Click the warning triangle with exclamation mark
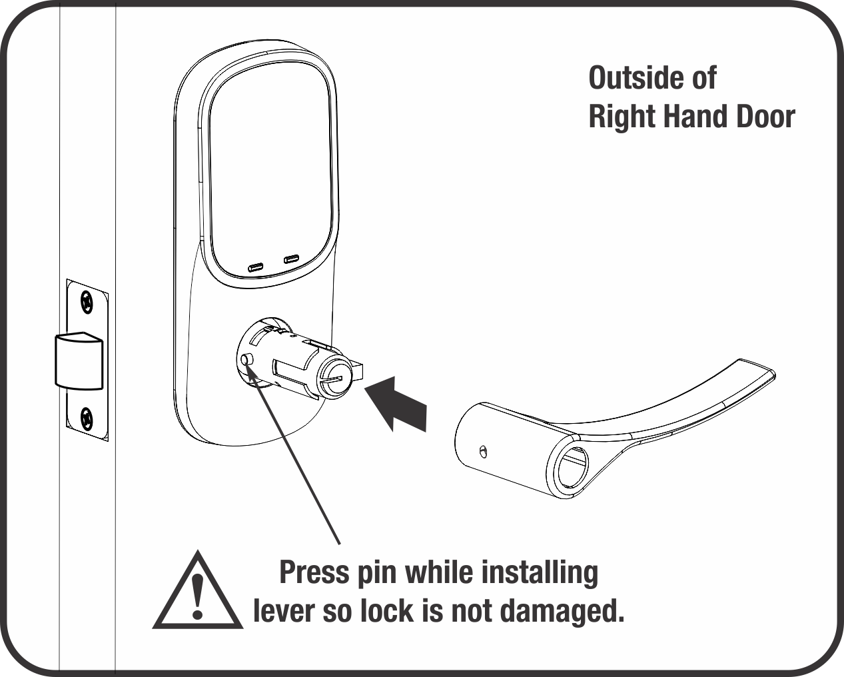click(198, 597)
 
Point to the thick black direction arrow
click(396, 404)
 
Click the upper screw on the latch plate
click(87, 303)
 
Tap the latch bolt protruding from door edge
click(79, 360)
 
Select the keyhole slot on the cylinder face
click(332, 380)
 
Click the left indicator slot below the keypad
click(256, 269)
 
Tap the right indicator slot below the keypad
click(291, 259)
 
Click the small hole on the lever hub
click(484, 452)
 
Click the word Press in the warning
click(314, 572)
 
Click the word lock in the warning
click(387, 610)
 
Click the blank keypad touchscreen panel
click(270, 171)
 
